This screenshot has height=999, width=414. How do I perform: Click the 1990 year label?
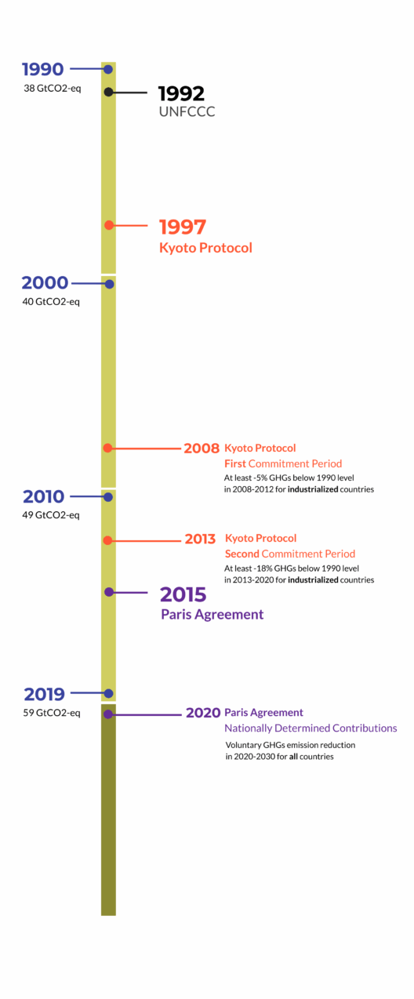[43, 69]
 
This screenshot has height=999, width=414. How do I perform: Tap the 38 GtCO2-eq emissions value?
[53, 89]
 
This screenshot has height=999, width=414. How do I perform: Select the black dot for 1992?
[108, 92]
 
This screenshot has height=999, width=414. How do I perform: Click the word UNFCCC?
[187, 111]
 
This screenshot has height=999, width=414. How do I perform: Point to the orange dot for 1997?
[109, 225]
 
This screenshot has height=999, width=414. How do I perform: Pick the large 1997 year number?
[183, 227]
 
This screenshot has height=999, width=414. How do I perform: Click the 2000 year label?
[45, 283]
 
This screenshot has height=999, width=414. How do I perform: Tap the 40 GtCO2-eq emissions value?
[51, 302]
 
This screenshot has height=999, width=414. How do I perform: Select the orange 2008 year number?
[202, 449]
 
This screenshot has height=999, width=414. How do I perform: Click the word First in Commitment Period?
[235, 463]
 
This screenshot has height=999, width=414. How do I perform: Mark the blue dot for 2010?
[108, 497]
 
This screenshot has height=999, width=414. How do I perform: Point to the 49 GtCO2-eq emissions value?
[51, 515]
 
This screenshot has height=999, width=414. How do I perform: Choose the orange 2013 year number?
[200, 539]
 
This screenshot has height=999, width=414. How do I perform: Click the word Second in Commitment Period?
[242, 554]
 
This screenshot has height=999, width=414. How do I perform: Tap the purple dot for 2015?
[109, 592]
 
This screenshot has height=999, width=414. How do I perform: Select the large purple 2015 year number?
[183, 594]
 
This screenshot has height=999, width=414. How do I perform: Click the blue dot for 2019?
[108, 693]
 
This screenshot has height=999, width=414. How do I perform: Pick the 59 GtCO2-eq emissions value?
[52, 713]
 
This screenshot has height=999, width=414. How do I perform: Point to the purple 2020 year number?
[203, 713]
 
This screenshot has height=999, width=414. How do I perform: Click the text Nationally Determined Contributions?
[310, 728]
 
